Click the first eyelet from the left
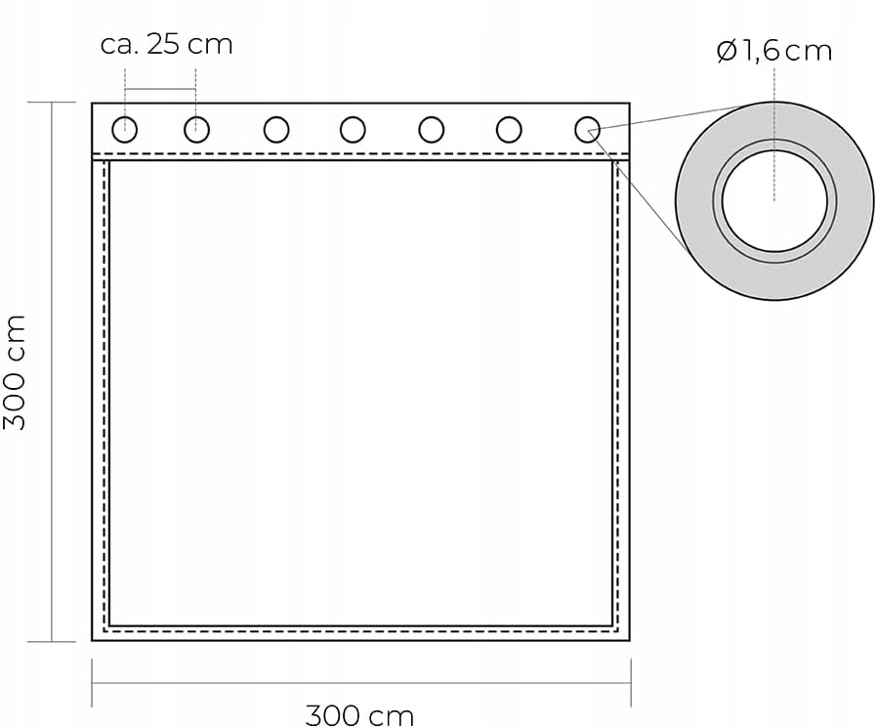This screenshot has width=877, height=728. click(x=125, y=129)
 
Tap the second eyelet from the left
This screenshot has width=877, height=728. click(x=196, y=129)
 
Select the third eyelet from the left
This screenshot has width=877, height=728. click(x=275, y=129)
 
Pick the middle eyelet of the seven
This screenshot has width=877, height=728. click(x=353, y=129)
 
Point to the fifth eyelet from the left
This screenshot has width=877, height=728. click(x=431, y=129)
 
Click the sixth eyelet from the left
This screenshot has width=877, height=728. click(x=508, y=129)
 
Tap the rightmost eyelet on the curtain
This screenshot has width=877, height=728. click(x=586, y=129)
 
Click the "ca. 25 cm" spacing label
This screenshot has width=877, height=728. click(x=167, y=45)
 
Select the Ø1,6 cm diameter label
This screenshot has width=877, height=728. click(x=773, y=51)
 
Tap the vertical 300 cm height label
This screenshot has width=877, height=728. click(x=16, y=371)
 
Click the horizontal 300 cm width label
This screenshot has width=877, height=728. click(x=359, y=714)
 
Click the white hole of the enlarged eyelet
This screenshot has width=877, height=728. click(x=774, y=200)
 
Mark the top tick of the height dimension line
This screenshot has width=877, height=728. click(x=51, y=102)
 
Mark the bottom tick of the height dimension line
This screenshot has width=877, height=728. click(x=51, y=642)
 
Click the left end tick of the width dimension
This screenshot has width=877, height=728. click(x=92, y=682)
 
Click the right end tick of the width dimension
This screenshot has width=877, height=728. click(x=631, y=682)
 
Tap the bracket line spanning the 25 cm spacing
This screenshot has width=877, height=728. click(x=160, y=91)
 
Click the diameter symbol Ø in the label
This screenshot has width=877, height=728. click(x=727, y=51)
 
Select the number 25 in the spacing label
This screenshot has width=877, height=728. click(x=164, y=45)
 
